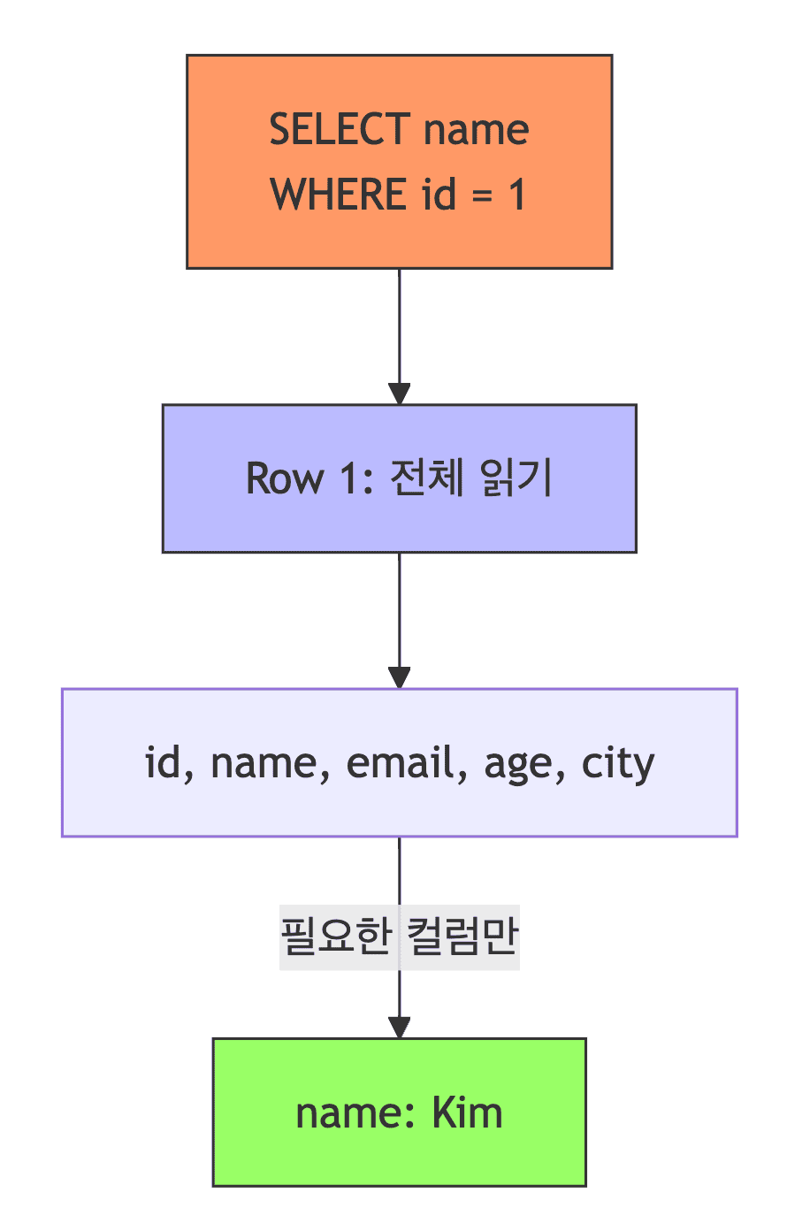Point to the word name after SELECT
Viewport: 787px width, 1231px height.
point(476,129)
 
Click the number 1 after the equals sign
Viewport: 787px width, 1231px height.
point(516,194)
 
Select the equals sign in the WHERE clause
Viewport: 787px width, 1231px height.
point(482,194)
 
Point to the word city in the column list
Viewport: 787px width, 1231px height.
point(618,762)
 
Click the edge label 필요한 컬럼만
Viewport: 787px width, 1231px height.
point(400,937)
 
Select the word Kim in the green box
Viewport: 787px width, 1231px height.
point(467,1112)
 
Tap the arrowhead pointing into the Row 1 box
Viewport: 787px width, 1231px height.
point(400,394)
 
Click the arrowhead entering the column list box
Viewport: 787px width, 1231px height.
point(400,678)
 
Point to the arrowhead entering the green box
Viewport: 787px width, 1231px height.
point(400,1028)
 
